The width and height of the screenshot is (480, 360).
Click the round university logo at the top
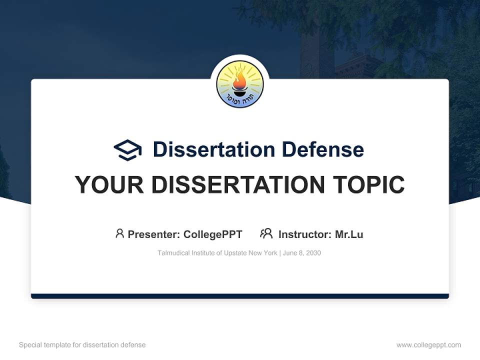240,84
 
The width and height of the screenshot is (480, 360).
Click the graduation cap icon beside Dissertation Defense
127,149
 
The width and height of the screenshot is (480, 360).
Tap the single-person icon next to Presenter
119,233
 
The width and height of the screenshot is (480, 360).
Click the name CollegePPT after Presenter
213,234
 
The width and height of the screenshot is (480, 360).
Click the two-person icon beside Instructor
266,233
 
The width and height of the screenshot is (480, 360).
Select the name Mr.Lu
349,234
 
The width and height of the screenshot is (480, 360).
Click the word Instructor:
305,234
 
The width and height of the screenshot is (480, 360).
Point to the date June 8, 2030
301,253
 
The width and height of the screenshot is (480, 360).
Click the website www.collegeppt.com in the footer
428,345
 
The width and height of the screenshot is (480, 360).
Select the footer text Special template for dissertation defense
82,345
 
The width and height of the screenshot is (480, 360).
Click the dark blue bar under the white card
240,296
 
